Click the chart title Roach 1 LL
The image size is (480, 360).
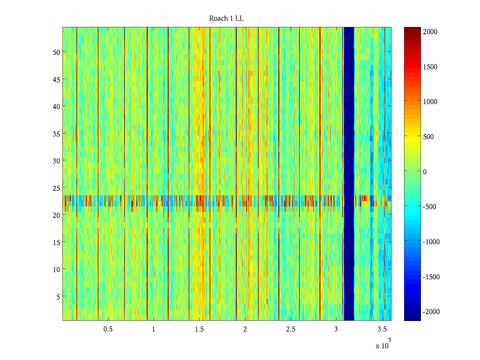[x=226, y=19]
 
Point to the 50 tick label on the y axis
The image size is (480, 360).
[x=56, y=52]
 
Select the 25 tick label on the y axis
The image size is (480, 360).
[x=56, y=188]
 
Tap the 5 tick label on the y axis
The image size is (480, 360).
[x=58, y=297]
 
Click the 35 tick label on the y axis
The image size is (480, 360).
[x=56, y=134]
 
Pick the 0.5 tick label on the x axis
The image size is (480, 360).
[x=108, y=329]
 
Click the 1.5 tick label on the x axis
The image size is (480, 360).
[x=199, y=329]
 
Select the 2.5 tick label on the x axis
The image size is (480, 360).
[x=291, y=329]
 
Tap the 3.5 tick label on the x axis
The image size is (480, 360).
[x=382, y=329]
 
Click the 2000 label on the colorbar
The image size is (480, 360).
[x=430, y=32]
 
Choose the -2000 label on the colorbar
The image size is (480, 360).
[x=431, y=312]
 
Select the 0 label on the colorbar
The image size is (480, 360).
[x=425, y=172]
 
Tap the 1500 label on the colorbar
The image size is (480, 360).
[x=430, y=67]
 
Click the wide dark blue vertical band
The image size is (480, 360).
[x=349, y=174]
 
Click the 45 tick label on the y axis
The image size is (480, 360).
[x=56, y=79]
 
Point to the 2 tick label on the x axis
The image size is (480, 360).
[x=245, y=329]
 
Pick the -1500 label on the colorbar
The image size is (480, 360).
[x=431, y=277]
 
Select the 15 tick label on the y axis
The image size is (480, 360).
[x=56, y=242]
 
